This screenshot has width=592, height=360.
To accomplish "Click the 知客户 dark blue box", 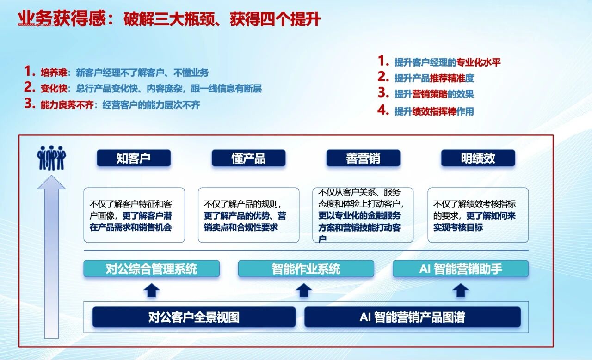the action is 134,158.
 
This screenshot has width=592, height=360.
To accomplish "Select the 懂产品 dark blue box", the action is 248,158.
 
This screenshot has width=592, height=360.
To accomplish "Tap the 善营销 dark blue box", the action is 363,158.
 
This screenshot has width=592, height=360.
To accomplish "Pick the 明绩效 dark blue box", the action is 478,158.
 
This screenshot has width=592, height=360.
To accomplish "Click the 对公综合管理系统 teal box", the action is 151,268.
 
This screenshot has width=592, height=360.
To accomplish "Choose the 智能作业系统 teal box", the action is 306,268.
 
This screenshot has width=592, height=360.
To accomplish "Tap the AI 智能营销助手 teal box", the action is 461,268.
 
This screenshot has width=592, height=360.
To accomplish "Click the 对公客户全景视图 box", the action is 194,317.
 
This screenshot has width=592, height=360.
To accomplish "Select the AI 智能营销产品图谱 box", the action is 413,317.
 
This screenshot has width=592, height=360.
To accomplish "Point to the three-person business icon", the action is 51,158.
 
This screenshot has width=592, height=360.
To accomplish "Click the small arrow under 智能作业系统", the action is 304,290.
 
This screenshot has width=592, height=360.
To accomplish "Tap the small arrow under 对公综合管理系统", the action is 151,290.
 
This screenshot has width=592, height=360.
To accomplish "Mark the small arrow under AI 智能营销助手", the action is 461,290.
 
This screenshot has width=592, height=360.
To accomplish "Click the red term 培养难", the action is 54,73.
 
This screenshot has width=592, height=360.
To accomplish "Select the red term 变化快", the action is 54,88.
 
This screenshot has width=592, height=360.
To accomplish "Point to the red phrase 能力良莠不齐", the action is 67,105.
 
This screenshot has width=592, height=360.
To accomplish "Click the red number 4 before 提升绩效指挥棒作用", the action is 383,110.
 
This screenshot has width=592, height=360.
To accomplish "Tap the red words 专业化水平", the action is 479,62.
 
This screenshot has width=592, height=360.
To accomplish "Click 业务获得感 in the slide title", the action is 62,19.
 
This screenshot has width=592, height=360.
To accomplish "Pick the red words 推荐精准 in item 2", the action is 447,78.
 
